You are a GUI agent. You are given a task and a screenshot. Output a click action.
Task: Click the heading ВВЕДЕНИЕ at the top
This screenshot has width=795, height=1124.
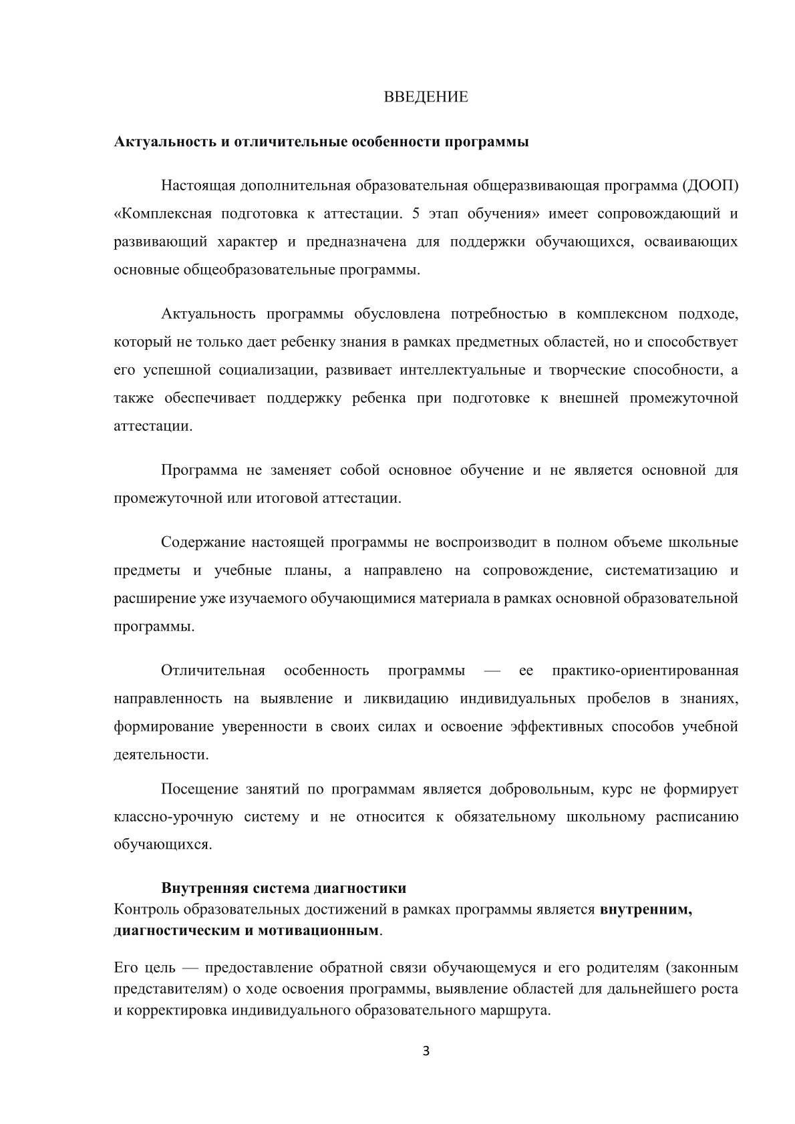tap(426, 97)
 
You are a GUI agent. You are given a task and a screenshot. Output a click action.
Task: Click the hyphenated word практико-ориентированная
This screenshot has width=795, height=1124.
tap(645, 670)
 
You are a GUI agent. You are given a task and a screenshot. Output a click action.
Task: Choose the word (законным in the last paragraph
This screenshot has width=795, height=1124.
tap(701, 967)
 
